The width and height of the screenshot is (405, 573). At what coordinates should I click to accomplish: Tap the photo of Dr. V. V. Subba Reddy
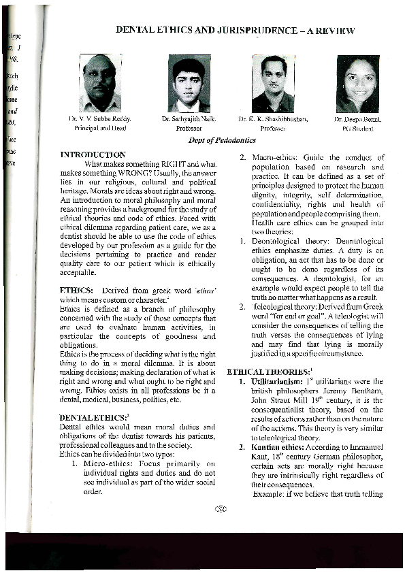click(x=100, y=83)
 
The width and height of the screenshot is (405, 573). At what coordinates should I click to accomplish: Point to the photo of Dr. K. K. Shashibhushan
click(x=273, y=84)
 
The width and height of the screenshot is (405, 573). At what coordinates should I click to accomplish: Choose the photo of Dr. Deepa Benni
click(x=357, y=84)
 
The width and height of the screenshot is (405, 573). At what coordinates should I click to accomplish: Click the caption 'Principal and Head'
click(x=99, y=127)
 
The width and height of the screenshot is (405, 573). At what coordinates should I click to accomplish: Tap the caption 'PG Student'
click(x=357, y=127)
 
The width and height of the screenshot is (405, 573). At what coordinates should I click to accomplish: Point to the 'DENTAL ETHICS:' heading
click(x=89, y=416)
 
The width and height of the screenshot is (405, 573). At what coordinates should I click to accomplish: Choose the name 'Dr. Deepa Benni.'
click(x=357, y=119)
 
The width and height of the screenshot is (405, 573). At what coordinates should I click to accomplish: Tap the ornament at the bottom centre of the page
click(x=219, y=507)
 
